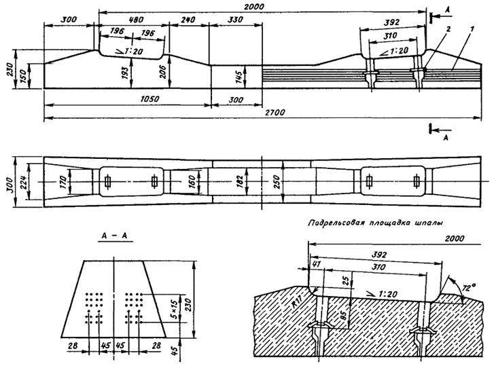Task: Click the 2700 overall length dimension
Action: tap(275, 113)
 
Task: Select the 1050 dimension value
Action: tap(149, 99)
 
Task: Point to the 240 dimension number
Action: tap(188, 20)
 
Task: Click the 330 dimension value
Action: tap(235, 20)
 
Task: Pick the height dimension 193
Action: tap(126, 73)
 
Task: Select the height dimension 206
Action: tap(164, 72)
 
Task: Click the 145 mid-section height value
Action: tap(239, 76)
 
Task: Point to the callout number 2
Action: tap(448, 29)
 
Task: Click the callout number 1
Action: tap(472, 29)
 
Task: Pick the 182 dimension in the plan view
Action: tap(239, 182)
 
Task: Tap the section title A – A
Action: tap(115, 236)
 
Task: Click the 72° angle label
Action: tap(469, 288)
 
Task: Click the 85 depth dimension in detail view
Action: tap(345, 314)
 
